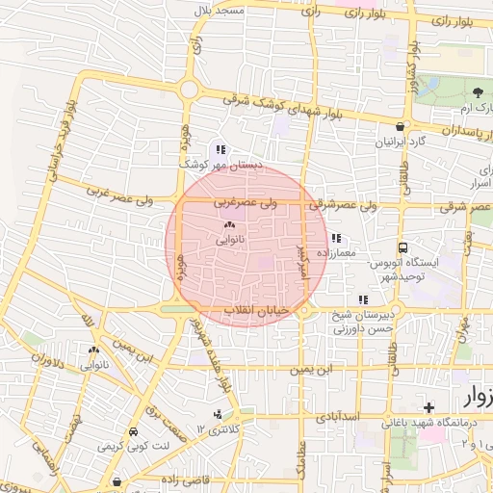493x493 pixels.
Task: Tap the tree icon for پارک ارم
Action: pos(479,92)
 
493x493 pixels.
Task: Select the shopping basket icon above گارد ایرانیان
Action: pos(400,126)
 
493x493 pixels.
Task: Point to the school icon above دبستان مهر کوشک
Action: pos(221,149)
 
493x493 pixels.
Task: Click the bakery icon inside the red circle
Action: pos(229,224)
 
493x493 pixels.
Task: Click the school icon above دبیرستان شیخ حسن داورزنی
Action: pos(362,299)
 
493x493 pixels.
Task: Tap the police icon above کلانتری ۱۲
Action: pos(218,414)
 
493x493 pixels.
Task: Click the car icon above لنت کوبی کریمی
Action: pos(135,432)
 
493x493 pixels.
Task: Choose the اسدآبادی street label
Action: pos(338,416)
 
